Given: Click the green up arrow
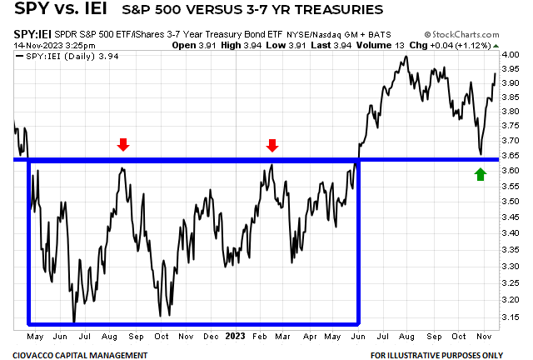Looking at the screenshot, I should [x=481, y=173].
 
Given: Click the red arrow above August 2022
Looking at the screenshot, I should [x=123, y=145].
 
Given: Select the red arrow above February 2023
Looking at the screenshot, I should [x=271, y=145].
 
